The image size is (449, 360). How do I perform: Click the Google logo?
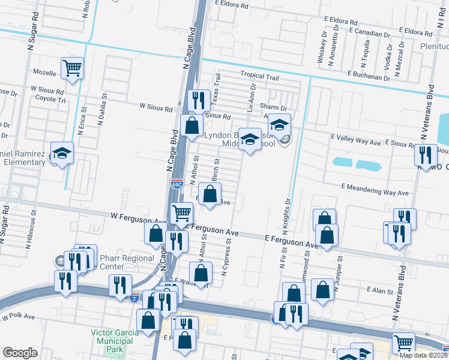20,353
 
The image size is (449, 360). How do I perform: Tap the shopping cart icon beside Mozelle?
72,68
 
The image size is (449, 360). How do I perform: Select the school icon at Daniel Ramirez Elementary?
62,154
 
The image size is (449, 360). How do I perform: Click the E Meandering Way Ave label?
375,193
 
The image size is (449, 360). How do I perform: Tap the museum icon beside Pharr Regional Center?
61,261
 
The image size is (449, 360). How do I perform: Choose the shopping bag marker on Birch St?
210,194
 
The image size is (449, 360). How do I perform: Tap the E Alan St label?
379,289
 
